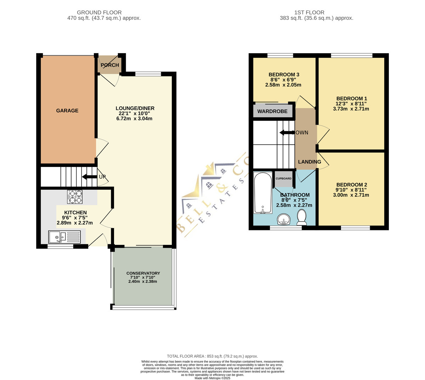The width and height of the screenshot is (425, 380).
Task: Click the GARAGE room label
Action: coord(67,111)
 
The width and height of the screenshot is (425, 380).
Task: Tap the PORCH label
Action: coord(110,65)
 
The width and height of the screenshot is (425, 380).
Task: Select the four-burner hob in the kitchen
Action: coord(75,197)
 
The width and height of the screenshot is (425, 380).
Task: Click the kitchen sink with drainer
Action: coord(64,237)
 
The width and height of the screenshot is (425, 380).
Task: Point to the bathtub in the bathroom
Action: coord(263,193)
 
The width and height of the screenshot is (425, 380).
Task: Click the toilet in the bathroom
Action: coord(302,217)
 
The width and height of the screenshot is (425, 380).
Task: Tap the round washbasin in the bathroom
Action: coord(284,219)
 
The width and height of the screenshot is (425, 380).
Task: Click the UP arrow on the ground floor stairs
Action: coord(89,177)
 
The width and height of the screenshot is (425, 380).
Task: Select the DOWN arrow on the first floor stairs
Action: coord(287,133)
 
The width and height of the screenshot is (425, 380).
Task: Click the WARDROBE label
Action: coord(272,111)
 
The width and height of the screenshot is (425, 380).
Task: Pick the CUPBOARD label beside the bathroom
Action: coord(283,178)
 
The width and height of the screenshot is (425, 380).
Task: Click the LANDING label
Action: coord(310,162)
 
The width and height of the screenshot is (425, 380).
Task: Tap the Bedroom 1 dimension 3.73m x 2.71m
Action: coord(351,109)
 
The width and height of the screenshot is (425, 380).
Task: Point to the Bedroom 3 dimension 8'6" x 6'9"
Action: coord(284,80)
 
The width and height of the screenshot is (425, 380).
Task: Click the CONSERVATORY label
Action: coord(143,273)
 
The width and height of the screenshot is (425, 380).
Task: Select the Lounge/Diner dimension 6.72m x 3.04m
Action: coord(134,119)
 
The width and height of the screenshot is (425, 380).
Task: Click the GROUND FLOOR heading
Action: coord(99,13)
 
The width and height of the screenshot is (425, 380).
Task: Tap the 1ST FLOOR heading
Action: coord(309,13)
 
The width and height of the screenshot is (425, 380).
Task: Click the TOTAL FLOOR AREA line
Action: coord(212,356)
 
